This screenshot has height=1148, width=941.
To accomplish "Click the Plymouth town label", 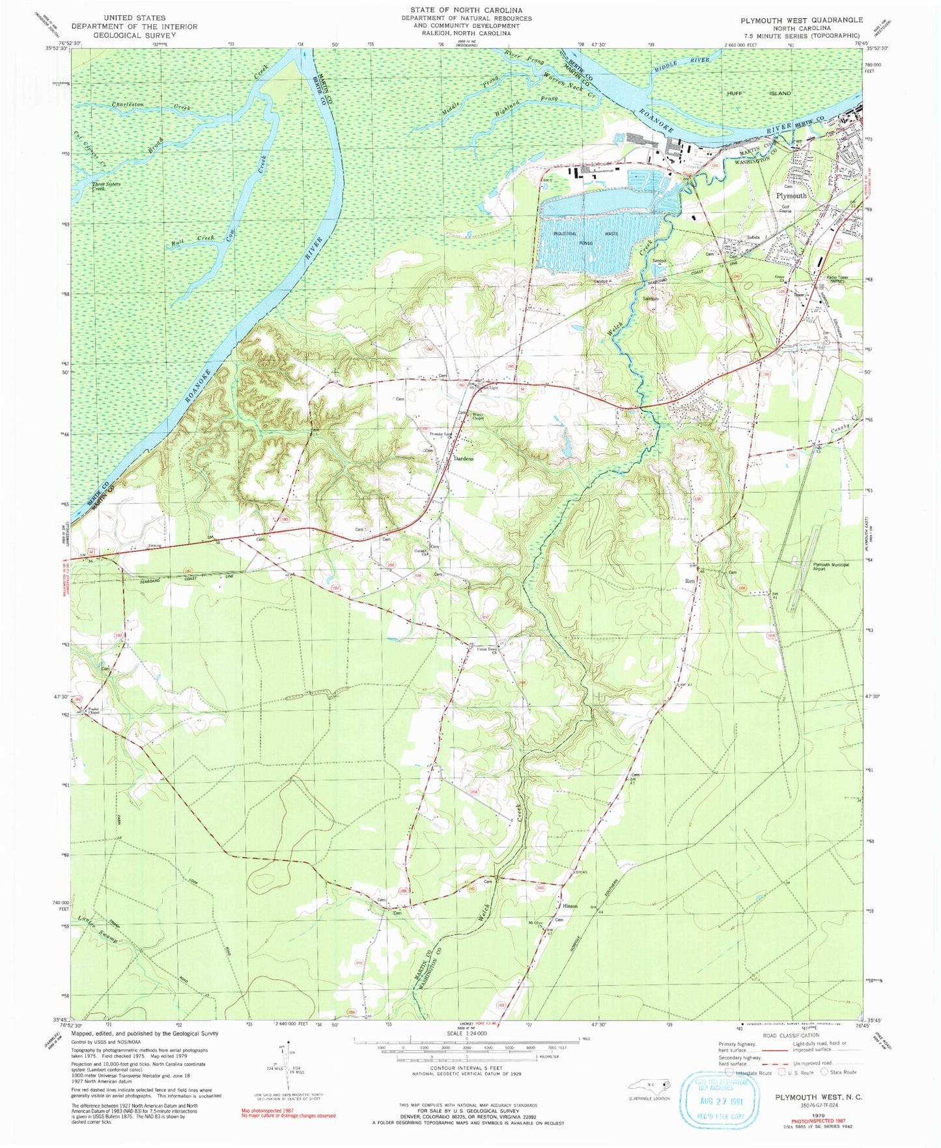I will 791,195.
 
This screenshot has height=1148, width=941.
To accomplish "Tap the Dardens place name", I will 463,458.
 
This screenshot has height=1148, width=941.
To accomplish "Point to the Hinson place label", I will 570,906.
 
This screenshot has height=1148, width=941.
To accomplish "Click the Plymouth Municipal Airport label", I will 830,566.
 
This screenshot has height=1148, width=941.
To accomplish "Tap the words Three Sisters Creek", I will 105,185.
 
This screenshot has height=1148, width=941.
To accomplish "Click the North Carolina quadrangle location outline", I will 649,1085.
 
